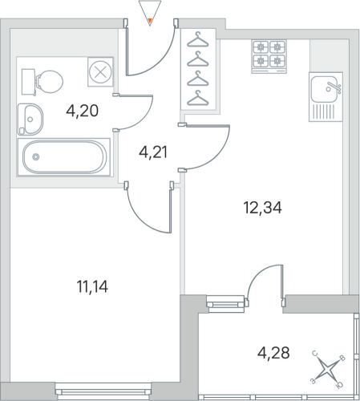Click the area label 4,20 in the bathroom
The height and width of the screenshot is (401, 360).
(83, 111)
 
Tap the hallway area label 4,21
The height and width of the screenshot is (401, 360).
(153, 152)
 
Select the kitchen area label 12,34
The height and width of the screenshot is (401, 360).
(262, 208)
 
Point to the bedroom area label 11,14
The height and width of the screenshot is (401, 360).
(92, 286)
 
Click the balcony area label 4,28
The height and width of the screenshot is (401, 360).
(273, 353)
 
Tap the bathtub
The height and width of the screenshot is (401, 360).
(64, 156)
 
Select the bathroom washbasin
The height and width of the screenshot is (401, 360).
(30, 119)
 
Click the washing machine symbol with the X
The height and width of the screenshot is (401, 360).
(100, 72)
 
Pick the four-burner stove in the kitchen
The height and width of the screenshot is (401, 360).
(269, 56)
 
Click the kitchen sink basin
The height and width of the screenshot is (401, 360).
(324, 88)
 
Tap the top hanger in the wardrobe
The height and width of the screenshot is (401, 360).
(198, 39)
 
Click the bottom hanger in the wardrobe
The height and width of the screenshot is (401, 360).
(198, 98)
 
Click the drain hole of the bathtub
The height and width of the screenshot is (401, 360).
(36, 156)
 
